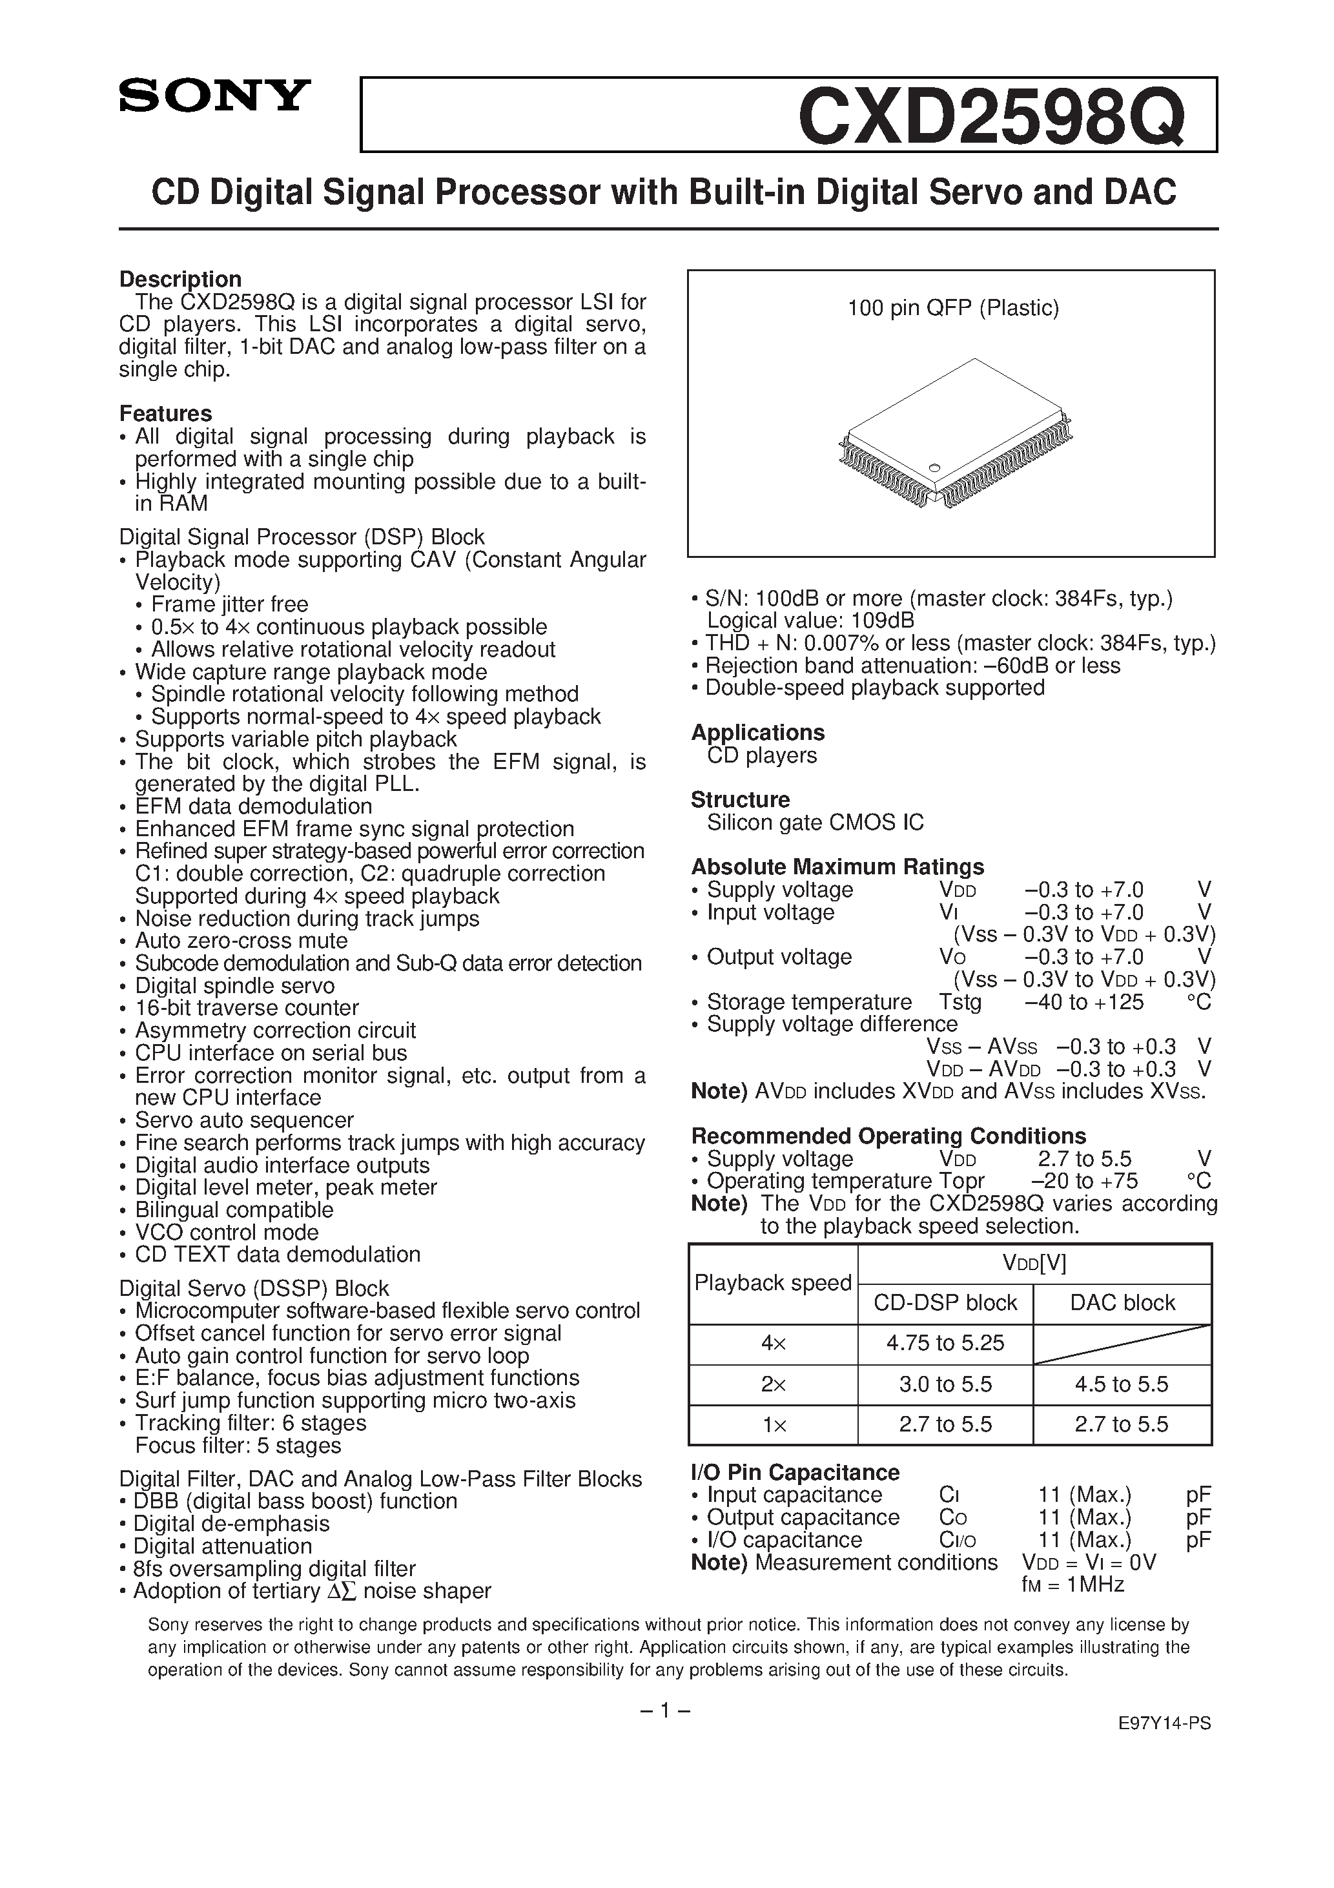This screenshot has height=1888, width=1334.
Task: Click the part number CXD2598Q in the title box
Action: pos(992,116)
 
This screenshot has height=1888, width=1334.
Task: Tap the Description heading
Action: pos(180,279)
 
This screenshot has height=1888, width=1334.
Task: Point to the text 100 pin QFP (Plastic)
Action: pos(952,309)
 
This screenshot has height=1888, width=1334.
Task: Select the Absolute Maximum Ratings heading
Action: pos(837,867)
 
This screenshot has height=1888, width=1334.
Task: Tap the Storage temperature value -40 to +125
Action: pos(1084,1001)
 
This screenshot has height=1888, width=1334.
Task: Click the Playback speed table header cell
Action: pos(772,1283)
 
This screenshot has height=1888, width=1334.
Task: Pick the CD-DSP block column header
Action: pos(945,1302)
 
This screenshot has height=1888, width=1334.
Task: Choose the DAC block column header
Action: pos(1122,1302)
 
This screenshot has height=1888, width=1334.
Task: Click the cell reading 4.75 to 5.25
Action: pos(945,1343)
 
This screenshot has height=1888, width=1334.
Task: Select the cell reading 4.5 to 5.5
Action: pos(1121,1384)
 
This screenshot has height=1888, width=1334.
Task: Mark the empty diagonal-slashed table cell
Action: pos(1122,1344)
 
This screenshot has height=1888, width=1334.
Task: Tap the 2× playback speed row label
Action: pos(772,1384)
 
